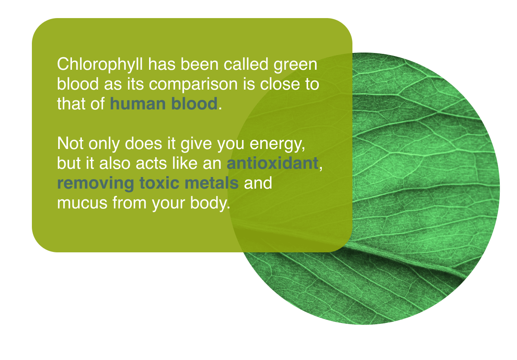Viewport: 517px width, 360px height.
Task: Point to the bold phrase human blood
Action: pyautogui.click(x=164, y=104)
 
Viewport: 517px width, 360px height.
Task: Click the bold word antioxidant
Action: pyautogui.click(x=272, y=164)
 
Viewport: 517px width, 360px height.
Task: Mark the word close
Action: pyautogui.click(x=280, y=84)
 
